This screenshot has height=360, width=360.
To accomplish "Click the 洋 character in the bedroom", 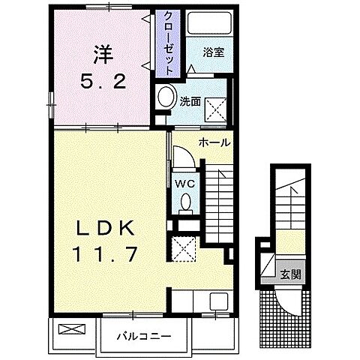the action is [103, 54].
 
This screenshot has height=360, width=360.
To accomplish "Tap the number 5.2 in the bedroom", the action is [103, 82].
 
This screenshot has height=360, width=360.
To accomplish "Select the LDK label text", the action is [105, 228].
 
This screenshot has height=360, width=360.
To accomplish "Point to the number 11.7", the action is [105, 254].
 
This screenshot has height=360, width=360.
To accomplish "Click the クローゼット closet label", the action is [168, 43].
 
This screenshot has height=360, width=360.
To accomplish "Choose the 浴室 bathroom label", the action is [214, 52].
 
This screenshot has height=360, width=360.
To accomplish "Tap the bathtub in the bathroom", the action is [210, 22].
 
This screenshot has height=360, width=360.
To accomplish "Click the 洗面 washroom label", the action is [190, 102].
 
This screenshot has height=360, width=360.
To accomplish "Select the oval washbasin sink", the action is [166, 97].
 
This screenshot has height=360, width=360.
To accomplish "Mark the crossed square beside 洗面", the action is [216, 109].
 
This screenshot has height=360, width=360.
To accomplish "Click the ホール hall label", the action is [214, 142].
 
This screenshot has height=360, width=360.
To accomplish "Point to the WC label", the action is [185, 184].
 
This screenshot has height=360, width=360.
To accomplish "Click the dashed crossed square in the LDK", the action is [183, 249].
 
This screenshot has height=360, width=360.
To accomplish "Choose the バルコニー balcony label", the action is [144, 336].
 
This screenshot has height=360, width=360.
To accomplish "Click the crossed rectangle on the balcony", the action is [72, 329].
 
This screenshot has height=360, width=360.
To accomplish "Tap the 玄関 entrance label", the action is [290, 275].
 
